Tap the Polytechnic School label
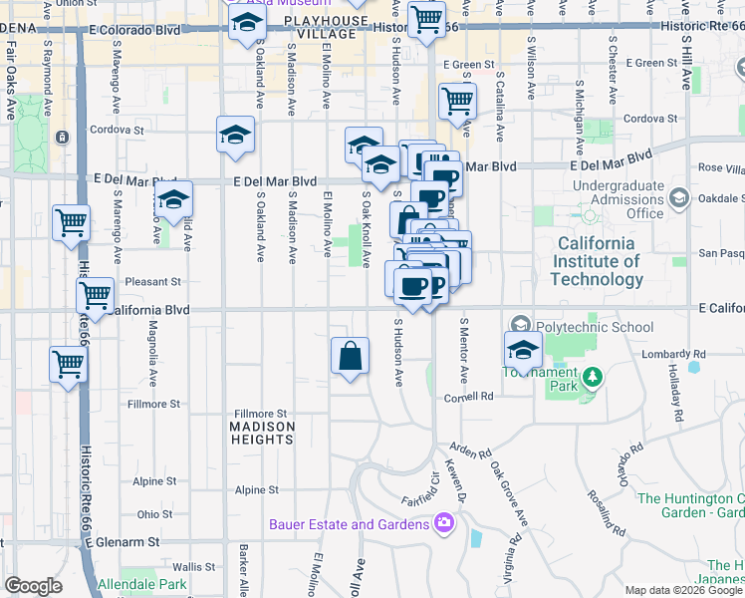point(595,327)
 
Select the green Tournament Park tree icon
point(593,377)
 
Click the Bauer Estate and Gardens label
point(349,524)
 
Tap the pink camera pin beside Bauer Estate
point(444,522)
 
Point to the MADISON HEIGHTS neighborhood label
point(263,435)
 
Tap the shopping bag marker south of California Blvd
point(351,357)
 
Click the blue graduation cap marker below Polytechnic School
point(523,351)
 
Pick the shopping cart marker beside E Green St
point(457,101)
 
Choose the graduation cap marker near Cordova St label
point(236,136)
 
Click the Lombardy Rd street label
point(675,354)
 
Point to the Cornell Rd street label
point(469,396)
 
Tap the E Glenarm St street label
point(124,542)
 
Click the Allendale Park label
point(141,584)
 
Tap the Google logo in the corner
point(34,586)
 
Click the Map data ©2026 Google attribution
point(683,590)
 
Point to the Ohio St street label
point(154,514)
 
